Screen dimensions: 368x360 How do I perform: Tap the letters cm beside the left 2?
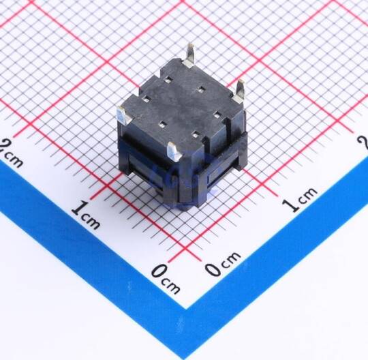[x=15, y=160]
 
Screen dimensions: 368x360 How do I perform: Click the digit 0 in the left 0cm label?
[x=159, y=271]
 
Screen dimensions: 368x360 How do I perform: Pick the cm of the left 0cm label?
[x=171, y=286]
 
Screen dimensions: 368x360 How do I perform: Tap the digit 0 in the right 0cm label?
[x=213, y=269]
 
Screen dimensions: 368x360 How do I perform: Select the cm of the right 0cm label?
[x=231, y=259]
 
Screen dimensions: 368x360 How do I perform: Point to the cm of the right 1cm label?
[x=307, y=195]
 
